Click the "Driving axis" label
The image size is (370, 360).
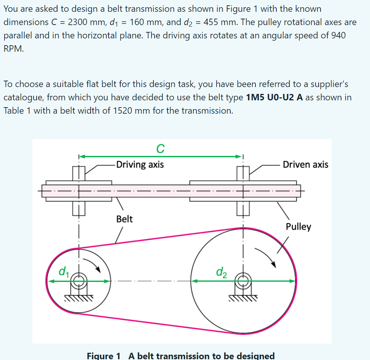point(140,165)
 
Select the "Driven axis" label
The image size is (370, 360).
point(305,165)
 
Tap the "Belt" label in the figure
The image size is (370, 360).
point(124,219)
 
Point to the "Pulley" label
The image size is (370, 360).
point(298,227)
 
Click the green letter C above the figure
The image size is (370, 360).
point(160,149)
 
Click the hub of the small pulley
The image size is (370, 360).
point(79,281)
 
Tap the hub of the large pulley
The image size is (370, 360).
point(243,281)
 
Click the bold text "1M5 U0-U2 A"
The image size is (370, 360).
point(274,97)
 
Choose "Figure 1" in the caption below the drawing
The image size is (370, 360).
point(104,356)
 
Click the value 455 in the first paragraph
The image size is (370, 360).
point(218,22)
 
